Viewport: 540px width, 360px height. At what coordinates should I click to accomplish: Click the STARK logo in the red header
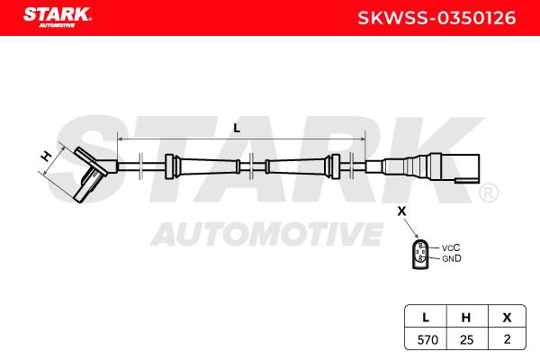(58, 17)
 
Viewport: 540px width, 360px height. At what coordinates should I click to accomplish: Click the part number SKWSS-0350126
(436, 18)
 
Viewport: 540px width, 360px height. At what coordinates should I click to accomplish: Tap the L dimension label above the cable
(237, 128)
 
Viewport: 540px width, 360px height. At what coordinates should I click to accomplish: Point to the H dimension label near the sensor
(46, 157)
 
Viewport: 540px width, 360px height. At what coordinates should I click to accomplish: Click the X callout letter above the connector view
(401, 211)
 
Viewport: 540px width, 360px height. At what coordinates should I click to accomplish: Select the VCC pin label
(451, 247)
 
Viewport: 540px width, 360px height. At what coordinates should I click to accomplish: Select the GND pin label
(452, 258)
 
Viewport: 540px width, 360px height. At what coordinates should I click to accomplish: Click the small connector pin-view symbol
(420, 255)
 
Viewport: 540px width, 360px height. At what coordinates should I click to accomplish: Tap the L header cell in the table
(426, 317)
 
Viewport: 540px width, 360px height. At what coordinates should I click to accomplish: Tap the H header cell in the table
(466, 317)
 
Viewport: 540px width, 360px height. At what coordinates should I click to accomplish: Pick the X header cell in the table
(507, 317)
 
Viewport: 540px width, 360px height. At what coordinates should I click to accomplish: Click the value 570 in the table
(427, 340)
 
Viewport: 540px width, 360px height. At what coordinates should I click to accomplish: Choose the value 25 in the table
(466, 340)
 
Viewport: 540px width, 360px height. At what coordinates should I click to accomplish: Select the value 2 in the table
(507, 339)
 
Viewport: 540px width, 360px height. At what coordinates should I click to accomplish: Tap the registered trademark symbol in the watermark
(489, 193)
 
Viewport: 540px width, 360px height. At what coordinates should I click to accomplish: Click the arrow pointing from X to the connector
(411, 228)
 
